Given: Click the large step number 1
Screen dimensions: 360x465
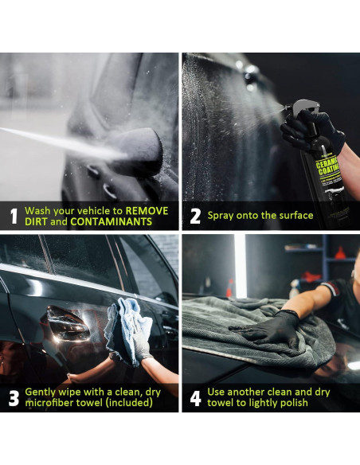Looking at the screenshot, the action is coord(14,216).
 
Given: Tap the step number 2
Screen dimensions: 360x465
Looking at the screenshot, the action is coord(195,217).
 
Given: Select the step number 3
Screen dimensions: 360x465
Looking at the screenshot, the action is coord(14,398).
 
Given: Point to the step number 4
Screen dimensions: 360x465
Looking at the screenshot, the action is coord(195,398).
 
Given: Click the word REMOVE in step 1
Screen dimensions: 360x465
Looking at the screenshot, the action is coord(147,211).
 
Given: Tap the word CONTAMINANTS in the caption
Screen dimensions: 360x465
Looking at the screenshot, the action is coord(112,221).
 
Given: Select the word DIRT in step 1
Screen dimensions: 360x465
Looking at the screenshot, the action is coord(36,221).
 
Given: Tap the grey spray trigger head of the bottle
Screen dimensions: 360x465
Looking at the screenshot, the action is coord(302,107).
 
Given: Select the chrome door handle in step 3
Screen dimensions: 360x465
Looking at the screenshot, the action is coord(68,324).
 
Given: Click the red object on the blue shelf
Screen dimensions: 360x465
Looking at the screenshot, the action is coord(340,252).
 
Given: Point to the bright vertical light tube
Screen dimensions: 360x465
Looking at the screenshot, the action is coord(240,266).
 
